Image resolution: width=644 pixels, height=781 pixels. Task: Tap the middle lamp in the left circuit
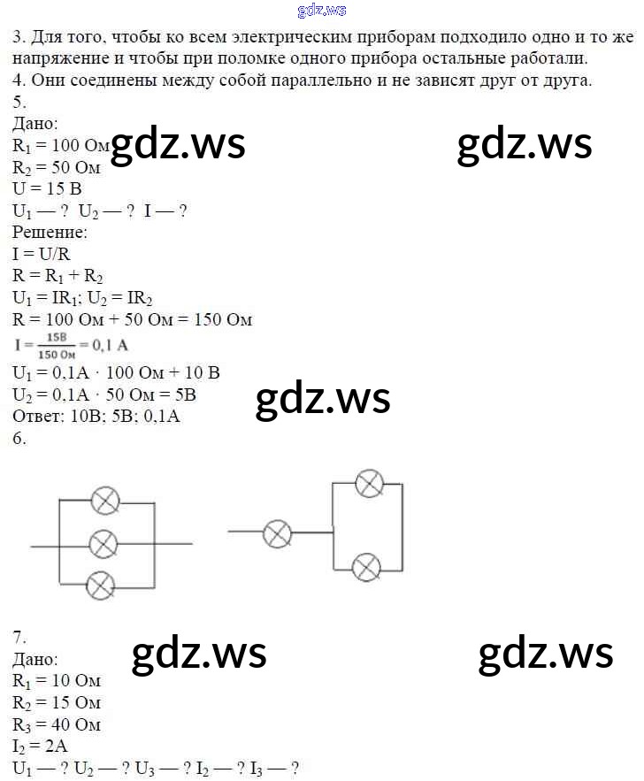(103, 544)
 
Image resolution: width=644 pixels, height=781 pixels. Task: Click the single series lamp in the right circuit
(279, 532)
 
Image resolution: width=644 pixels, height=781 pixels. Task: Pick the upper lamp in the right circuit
(369, 483)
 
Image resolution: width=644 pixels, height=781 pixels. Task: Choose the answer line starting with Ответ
(96, 416)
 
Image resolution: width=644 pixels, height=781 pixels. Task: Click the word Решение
(50, 233)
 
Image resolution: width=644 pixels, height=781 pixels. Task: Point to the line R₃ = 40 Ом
(57, 724)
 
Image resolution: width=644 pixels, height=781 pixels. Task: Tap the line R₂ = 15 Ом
(57, 703)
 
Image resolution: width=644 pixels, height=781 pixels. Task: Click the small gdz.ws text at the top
(322, 11)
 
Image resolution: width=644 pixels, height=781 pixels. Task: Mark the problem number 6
(19, 438)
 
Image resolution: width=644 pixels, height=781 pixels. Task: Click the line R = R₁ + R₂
(58, 276)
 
